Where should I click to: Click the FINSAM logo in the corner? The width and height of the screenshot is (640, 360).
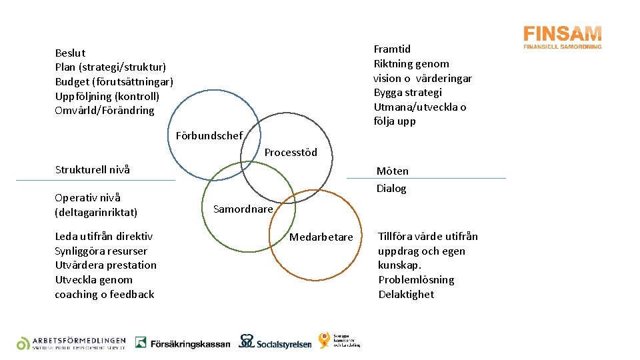[562, 37]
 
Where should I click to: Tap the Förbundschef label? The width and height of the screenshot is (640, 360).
[209, 135]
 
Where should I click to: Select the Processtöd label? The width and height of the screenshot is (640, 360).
[291, 153]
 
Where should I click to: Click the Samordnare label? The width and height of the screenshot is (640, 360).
[243, 209]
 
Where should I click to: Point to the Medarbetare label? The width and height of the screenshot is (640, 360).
[321, 237]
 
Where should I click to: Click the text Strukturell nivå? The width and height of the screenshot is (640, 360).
[92, 169]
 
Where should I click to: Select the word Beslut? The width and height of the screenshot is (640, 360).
[70, 53]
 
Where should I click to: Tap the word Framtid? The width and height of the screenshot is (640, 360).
[392, 49]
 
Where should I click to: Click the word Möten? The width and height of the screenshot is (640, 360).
[393, 171]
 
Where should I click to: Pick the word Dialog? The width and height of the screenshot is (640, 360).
[391, 188]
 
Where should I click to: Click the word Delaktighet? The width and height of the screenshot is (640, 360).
[406, 294]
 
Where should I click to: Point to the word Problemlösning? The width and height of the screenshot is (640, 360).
[416, 279]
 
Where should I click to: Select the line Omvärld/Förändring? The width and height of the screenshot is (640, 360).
[104, 111]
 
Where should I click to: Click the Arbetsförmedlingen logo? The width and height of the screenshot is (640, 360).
[71, 343]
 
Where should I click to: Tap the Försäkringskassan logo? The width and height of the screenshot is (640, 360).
[182, 343]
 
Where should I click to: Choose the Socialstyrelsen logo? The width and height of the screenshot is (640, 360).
[275, 342]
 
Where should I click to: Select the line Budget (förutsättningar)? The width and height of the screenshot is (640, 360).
[114, 81]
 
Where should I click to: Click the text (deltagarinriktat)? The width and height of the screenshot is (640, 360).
[96, 212]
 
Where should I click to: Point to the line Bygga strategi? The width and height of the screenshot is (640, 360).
[407, 92]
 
